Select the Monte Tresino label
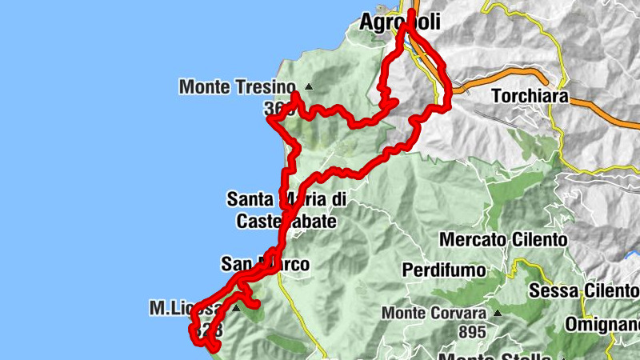click(x=237, y=86)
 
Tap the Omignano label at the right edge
click(x=608, y=325)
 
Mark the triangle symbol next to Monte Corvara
click(x=497, y=314)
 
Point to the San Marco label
click(x=265, y=264)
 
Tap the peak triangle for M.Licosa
click(x=237, y=307)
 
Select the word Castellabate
click(x=286, y=221)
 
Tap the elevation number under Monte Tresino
click(x=276, y=109)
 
